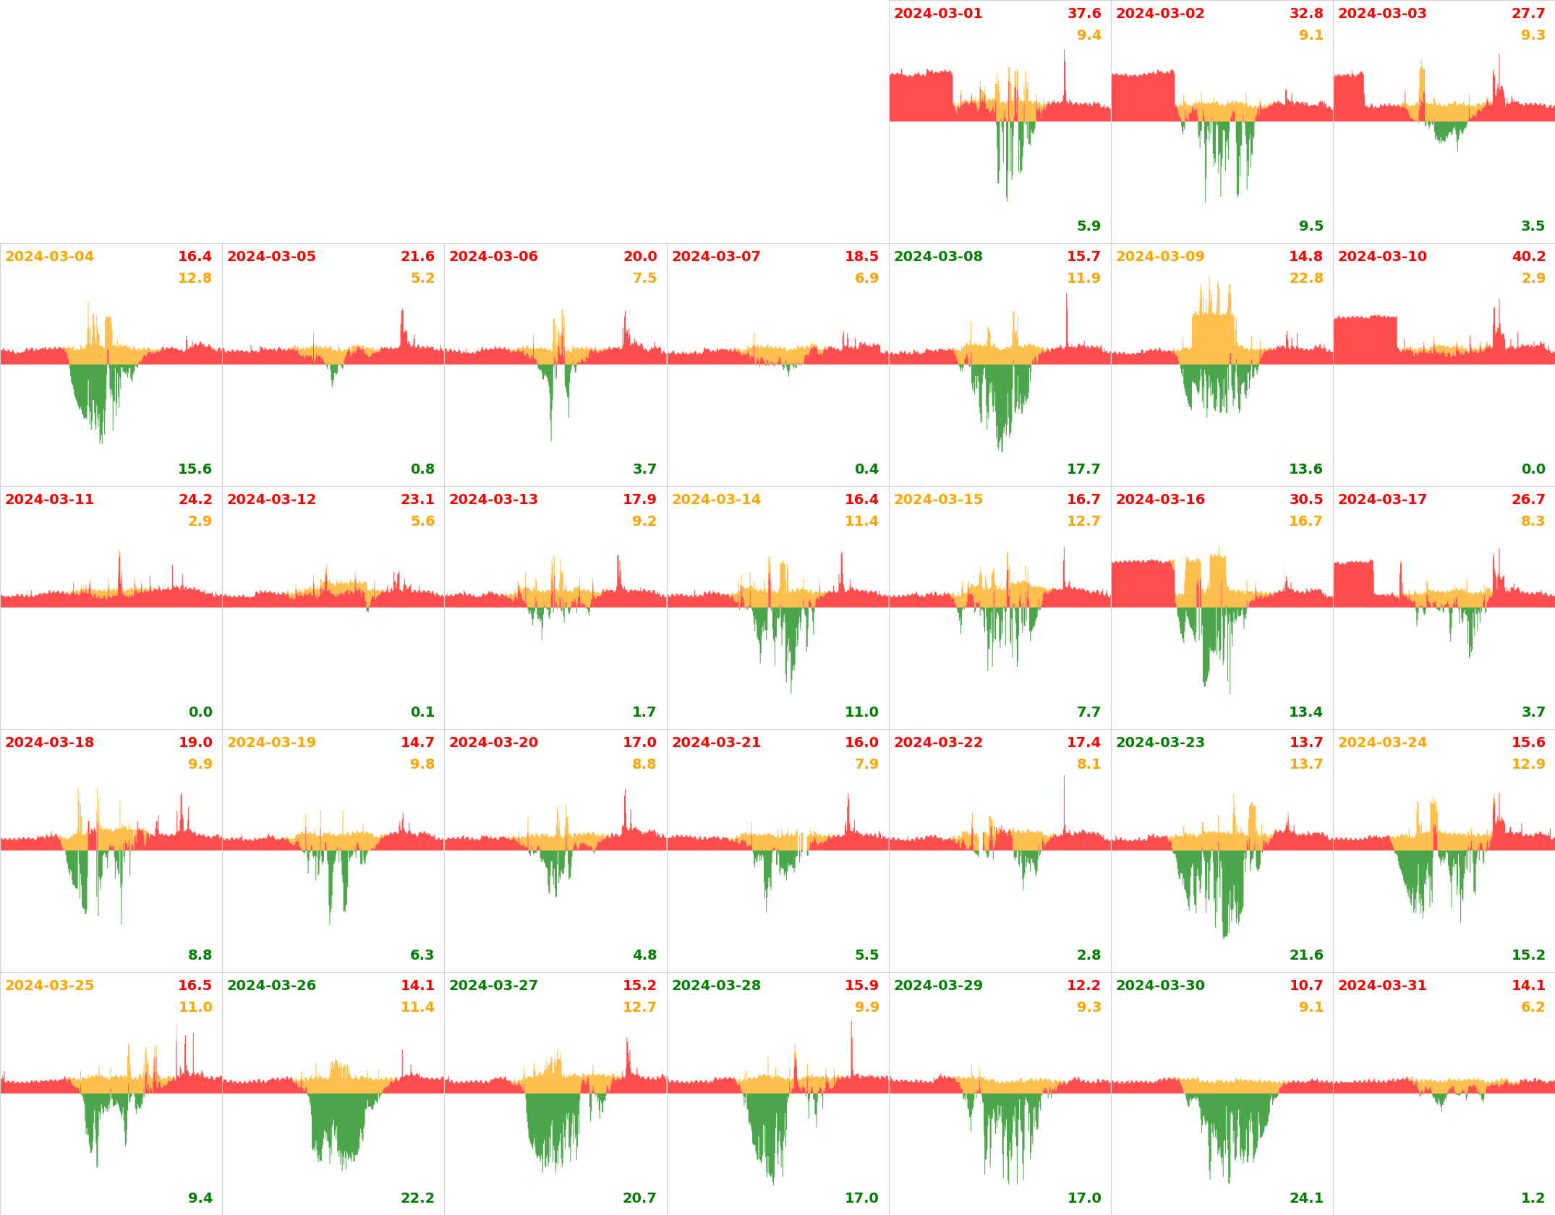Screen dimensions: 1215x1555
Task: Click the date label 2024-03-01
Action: pos(938,14)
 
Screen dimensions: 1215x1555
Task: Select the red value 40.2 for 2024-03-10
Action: pos(1528,257)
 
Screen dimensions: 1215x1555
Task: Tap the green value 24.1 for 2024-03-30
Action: pos(1305,1198)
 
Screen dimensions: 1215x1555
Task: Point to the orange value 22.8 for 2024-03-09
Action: pos(1305,278)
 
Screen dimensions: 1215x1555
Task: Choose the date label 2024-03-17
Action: pos(1382,500)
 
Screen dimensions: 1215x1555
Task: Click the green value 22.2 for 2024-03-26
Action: pos(417,1198)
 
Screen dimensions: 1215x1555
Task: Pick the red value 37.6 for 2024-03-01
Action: pos(1084,14)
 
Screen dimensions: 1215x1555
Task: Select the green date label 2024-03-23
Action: pos(1160,743)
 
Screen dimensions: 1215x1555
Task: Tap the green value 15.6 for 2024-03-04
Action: pos(195,469)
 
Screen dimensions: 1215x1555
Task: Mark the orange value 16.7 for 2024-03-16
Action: pos(1305,521)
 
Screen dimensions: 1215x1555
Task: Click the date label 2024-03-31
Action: pos(1382,986)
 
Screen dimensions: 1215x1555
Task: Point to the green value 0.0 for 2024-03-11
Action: pos(200,712)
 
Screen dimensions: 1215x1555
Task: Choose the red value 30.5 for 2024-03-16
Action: pos(1305,500)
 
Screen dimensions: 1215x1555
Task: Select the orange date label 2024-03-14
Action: pos(716,500)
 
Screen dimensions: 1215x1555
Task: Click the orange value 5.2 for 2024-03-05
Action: pos(422,278)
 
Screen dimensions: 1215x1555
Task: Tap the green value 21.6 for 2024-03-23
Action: pos(1305,955)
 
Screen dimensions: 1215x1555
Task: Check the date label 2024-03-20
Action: pos(493,743)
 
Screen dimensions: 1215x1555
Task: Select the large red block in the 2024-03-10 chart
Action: pos(1365,340)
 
